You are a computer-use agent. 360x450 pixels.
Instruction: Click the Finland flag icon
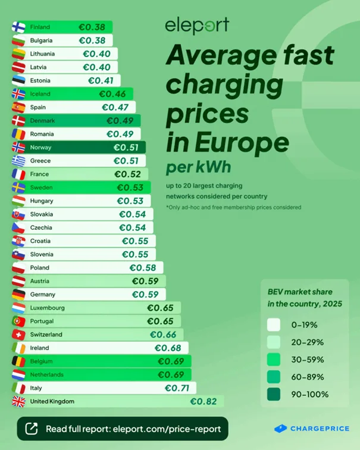click(x=18, y=27)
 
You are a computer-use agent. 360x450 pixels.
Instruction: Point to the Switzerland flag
click(x=18, y=335)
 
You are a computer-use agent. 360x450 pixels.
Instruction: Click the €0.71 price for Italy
click(x=177, y=388)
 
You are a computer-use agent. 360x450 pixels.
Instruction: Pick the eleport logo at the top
click(x=196, y=26)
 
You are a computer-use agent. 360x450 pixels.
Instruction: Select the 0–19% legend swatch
click(x=274, y=325)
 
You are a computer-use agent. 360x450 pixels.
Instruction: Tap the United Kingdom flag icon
click(x=18, y=401)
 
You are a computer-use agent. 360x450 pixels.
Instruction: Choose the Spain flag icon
click(x=18, y=107)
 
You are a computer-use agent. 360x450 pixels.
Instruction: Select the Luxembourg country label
click(x=47, y=308)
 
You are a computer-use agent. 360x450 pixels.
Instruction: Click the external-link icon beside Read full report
click(x=32, y=429)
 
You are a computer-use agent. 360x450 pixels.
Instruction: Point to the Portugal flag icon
click(x=18, y=321)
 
